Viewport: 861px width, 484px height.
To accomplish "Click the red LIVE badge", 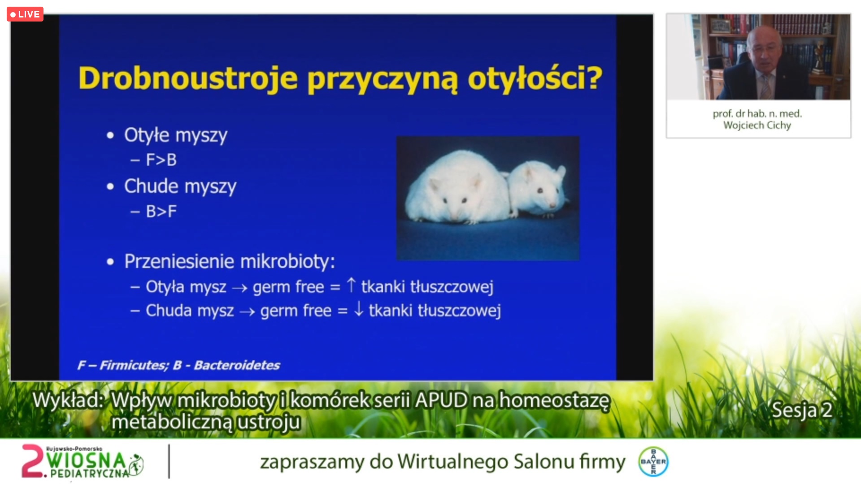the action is pyautogui.click(x=25, y=14).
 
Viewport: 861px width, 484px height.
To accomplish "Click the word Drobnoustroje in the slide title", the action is pyautogui.click(x=188, y=78).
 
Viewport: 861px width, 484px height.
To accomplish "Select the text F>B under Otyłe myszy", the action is pyautogui.click(x=161, y=160).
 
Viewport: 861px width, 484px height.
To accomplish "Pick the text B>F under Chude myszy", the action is pyautogui.click(x=161, y=212).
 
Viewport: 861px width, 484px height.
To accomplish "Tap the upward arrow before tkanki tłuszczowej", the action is pyautogui.click(x=352, y=285).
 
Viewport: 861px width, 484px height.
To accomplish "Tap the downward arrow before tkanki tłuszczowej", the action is pyautogui.click(x=359, y=309).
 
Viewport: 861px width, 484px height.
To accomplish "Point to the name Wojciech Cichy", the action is pyautogui.click(x=757, y=125).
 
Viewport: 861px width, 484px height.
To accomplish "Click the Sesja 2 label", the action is pyautogui.click(x=802, y=410).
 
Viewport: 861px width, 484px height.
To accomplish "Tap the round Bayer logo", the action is pyautogui.click(x=653, y=461).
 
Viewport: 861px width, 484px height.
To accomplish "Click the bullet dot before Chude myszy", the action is pyautogui.click(x=110, y=187).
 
